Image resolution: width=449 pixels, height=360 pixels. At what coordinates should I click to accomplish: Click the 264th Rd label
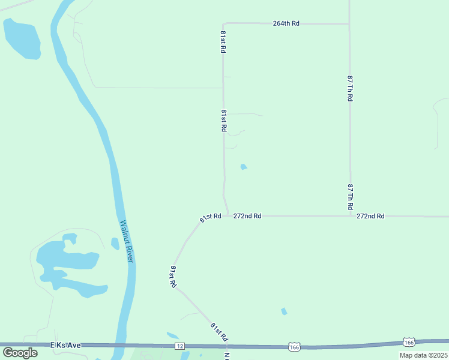point(286,23)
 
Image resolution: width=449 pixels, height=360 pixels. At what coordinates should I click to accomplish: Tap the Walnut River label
point(125,240)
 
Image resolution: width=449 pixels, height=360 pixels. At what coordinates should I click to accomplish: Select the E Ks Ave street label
point(65,345)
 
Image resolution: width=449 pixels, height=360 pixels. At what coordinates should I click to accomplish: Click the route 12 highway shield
point(179,346)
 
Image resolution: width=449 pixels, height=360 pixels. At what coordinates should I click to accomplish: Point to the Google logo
point(20,352)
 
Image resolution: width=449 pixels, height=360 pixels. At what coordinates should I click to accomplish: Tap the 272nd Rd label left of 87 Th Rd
point(247,216)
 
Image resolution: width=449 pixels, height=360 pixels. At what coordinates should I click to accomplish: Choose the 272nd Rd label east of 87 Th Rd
point(370,216)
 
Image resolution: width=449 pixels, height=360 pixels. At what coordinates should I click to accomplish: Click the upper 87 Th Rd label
point(350,88)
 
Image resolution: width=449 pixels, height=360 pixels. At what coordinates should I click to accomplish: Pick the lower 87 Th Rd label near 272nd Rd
point(350,197)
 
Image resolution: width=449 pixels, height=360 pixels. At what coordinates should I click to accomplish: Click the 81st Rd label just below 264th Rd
point(223,43)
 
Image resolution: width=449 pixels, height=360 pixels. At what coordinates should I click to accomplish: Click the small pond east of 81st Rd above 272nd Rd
point(244,167)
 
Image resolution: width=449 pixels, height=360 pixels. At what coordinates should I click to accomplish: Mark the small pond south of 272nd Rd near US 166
point(284,311)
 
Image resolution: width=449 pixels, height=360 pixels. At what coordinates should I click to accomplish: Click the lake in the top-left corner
point(21,38)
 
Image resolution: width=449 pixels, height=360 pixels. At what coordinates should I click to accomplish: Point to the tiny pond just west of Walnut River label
point(115,243)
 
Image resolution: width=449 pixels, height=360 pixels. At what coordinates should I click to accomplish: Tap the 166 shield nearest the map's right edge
point(409,342)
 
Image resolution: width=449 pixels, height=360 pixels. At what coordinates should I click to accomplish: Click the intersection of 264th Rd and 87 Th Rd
point(349,24)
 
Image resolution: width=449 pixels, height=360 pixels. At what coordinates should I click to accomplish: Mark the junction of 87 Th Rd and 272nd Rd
point(351,216)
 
